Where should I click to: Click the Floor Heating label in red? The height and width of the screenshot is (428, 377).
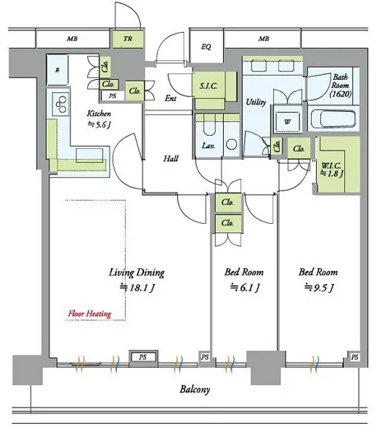pos(90,314)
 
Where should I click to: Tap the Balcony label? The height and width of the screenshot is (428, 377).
pos(195,389)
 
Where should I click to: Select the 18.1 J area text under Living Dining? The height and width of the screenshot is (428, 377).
pos(137,287)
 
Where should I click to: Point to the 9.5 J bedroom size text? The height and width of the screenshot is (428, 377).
pos(319,287)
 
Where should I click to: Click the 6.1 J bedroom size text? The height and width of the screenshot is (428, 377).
pos(244,287)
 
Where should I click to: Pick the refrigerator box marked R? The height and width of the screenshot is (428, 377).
pos(57,70)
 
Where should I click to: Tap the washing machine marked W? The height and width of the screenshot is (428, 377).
pos(287,122)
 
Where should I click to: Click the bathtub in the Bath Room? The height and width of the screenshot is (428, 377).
pos(333,119)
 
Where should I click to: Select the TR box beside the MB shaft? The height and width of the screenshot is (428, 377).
pos(128,39)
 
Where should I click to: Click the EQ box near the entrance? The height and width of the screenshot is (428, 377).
pos(207,47)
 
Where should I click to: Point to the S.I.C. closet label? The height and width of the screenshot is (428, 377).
pos(208,86)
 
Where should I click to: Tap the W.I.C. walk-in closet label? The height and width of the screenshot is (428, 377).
pos(333,170)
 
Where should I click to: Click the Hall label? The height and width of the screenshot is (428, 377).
pos(170,158)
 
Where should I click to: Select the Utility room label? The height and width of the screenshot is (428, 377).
pos(256,102)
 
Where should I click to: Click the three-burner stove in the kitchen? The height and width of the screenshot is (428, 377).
pos(61,104)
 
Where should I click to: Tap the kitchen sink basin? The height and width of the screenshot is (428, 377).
pos(90,155)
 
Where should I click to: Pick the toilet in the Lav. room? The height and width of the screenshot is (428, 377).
pos(209,126)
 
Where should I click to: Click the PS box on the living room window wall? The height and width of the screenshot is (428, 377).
pos(143,357)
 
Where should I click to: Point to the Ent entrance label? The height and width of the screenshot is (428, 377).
pos(170,98)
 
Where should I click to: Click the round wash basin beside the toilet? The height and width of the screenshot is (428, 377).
pos(232,144)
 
